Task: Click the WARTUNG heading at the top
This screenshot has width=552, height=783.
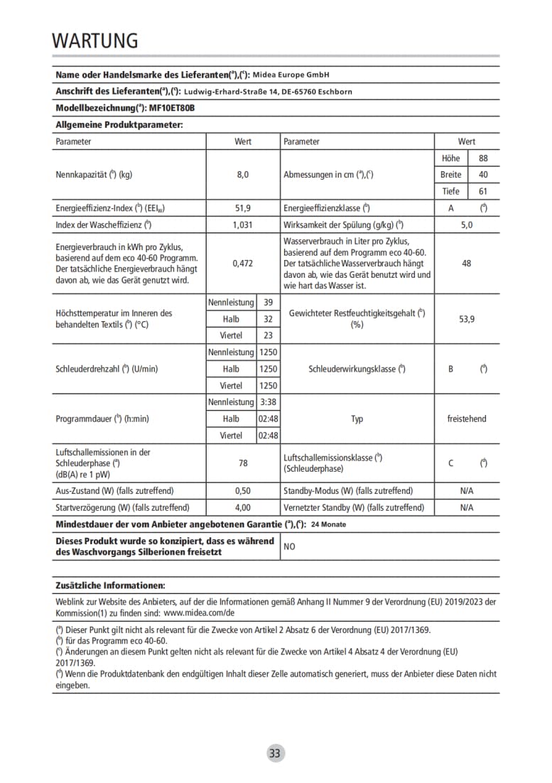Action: point(94,40)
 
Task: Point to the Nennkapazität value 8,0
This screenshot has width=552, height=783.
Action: point(243,175)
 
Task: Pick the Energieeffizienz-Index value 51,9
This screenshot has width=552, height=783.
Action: point(243,208)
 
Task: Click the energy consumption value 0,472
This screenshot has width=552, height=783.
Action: point(243,263)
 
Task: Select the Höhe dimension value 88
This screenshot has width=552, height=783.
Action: point(483,158)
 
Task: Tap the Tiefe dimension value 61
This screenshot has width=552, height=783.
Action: point(483,191)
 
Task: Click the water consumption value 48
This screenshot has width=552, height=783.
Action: point(466,263)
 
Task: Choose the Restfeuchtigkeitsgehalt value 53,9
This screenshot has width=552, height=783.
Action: point(466,319)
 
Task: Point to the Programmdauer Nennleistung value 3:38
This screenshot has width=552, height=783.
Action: point(268,402)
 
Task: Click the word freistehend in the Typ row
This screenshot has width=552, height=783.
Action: point(466,419)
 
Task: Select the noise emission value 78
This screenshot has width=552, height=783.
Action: point(243,463)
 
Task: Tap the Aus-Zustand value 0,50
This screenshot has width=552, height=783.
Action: point(243,491)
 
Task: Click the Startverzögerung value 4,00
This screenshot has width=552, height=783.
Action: point(243,508)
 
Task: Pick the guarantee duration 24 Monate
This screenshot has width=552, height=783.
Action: point(328,525)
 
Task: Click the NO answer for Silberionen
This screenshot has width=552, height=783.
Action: point(290,547)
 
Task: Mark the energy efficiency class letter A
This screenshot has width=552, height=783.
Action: point(450,208)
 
